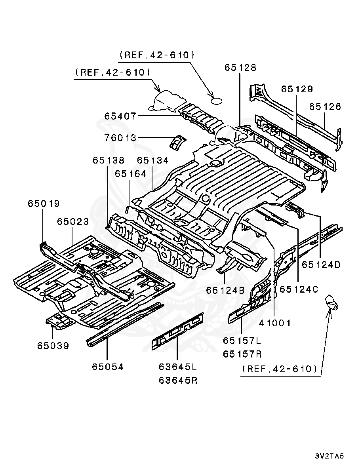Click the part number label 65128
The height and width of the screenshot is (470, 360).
240,68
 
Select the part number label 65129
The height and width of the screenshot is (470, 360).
297,89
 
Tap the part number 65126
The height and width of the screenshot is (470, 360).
325,107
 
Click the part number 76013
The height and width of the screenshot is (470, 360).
120,138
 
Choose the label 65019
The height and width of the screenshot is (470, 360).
44,204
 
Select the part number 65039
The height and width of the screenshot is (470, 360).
53,346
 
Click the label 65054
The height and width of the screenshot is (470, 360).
108,367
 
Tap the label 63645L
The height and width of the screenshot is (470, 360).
177,367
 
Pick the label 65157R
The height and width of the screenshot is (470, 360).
242,354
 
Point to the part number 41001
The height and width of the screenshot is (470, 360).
275,323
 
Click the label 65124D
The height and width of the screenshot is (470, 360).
321,265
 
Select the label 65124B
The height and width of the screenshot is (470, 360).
225,290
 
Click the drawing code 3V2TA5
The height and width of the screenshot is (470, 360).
329,456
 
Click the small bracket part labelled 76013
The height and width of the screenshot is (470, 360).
177,142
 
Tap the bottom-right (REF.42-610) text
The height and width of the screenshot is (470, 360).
279,369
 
